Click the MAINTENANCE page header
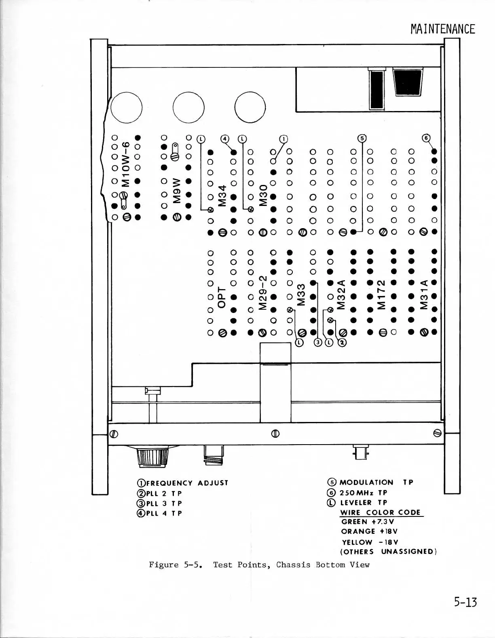pyautogui.click(x=442, y=29)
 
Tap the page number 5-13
pyautogui.click(x=465, y=602)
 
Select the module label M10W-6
pyautogui.click(x=126, y=164)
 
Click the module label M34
pyautogui.click(x=222, y=196)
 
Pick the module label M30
pyautogui.click(x=263, y=195)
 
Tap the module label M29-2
pyautogui.click(x=263, y=293)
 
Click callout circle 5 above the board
pyautogui.click(x=362, y=138)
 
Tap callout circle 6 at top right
pyautogui.click(x=425, y=138)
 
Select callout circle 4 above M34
pyautogui.click(x=224, y=139)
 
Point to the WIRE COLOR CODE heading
pyautogui.click(x=381, y=512)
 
